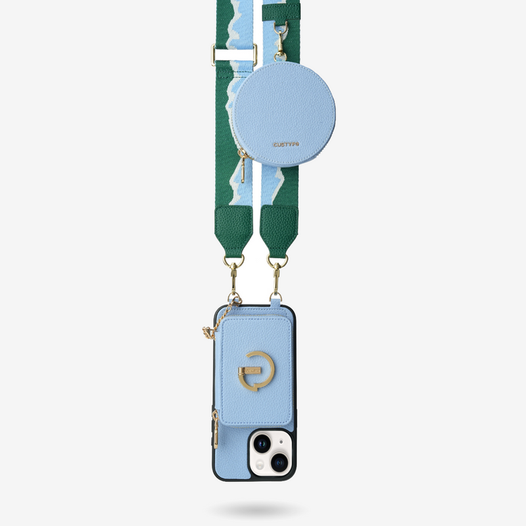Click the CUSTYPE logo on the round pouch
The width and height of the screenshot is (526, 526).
pos(286,145)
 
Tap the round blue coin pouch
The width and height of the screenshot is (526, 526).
pos(284,114)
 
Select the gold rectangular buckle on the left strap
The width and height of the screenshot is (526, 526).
pos(234,55)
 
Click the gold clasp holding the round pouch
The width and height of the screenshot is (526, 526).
pos(281,41)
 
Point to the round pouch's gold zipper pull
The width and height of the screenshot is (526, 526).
pos(243,168)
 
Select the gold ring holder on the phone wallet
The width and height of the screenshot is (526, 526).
pos(256,371)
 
